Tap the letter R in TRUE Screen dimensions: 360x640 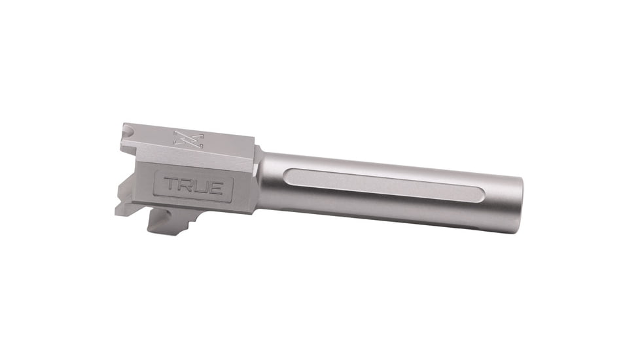pos(187,186)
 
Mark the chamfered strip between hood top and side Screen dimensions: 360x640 pos(196,158)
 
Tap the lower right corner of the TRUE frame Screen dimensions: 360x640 pos(232,199)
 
